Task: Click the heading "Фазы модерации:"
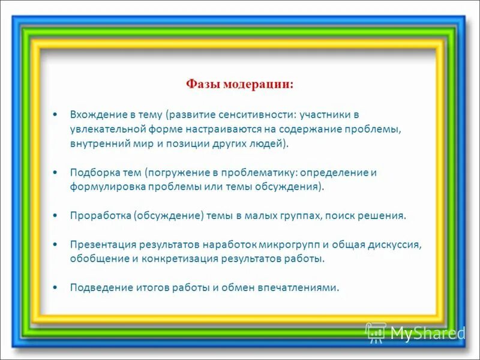point(239,84)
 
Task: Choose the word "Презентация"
point(103,244)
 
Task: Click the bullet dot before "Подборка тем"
point(55,172)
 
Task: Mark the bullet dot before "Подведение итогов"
point(55,287)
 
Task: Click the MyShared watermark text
point(428,333)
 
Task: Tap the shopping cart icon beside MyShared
point(376,332)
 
